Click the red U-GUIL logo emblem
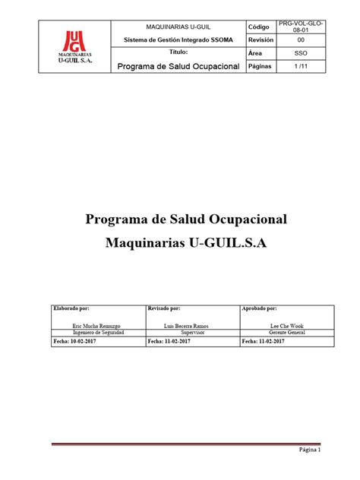tap(75, 39)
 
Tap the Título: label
tap(178, 53)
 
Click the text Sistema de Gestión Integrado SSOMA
tap(178, 40)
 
